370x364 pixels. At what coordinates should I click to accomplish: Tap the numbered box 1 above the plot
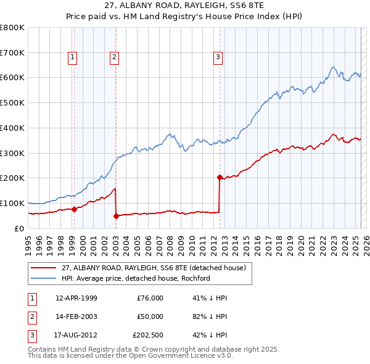(73, 57)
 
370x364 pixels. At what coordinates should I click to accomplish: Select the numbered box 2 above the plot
(115, 57)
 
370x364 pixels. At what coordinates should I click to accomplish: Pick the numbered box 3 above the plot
(218, 57)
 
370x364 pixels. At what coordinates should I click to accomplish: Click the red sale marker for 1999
(74, 209)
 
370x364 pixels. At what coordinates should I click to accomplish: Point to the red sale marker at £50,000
(116, 216)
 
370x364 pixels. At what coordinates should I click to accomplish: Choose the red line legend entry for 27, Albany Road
(154, 268)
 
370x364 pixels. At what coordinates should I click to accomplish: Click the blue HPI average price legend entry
(136, 278)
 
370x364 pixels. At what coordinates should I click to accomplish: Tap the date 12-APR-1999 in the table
(76, 298)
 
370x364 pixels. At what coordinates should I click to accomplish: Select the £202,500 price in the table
(148, 336)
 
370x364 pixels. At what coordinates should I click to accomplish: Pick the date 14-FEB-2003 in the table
(76, 317)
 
